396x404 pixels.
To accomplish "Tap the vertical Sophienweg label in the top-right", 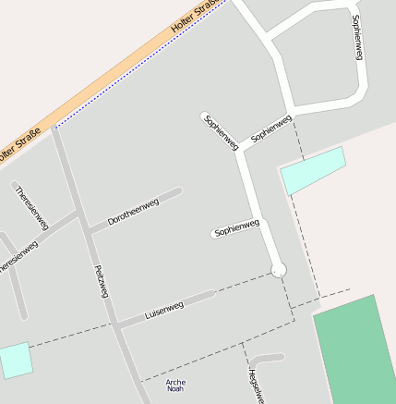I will (x=357, y=38).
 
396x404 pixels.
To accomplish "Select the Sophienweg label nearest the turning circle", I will (x=236, y=228).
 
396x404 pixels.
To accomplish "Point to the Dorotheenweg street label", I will (x=133, y=212).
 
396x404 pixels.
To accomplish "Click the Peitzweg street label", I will (x=102, y=281).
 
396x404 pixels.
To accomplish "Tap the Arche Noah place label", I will (x=175, y=386).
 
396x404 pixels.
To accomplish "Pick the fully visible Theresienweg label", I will (x=30, y=206).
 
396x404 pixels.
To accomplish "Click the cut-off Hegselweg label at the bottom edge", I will (x=255, y=386).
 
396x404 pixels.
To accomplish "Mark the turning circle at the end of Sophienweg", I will (x=279, y=270).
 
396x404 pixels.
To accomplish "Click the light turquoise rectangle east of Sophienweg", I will (x=313, y=170).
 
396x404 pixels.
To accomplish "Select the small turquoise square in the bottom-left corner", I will (x=15, y=360).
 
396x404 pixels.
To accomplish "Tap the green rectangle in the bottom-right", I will (x=356, y=351).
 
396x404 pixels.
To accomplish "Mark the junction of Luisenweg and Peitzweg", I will (x=115, y=324).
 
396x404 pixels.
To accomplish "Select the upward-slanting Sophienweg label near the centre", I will (x=270, y=128).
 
